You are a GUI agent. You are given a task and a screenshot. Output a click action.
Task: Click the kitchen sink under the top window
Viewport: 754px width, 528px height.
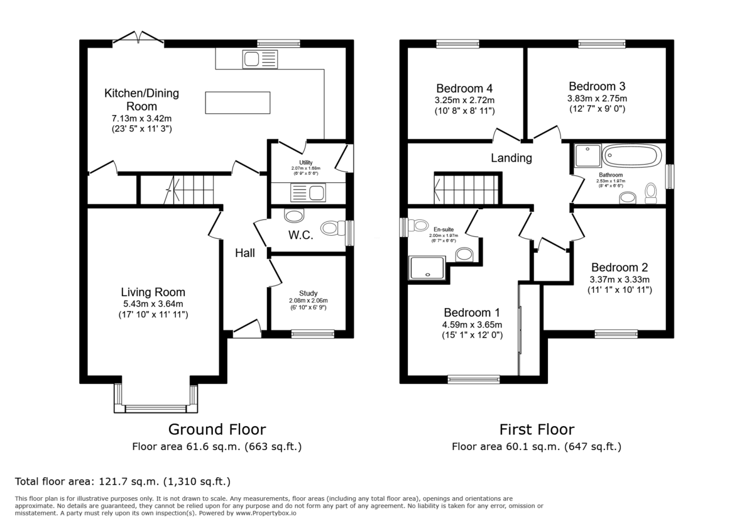pos(259,60)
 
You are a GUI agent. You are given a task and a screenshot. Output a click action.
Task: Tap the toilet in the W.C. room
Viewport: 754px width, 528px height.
pos(331,228)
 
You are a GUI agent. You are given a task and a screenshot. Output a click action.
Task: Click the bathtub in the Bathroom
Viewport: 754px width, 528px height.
pos(631,155)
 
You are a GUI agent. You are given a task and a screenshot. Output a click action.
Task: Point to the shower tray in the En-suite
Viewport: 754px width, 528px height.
pos(427,267)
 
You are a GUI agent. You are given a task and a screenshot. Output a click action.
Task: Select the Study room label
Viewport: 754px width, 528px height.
pos(308,293)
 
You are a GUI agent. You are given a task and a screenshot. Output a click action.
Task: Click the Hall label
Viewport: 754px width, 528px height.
pos(245,253)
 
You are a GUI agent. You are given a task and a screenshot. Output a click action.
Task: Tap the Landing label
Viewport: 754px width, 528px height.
pos(511,158)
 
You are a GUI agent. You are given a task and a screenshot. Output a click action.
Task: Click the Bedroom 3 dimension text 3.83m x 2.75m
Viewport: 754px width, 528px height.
pos(596,98)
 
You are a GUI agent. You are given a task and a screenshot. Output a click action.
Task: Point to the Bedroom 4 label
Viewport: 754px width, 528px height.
pos(464,88)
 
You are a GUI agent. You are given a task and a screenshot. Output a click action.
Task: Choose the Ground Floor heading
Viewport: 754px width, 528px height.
pos(217,430)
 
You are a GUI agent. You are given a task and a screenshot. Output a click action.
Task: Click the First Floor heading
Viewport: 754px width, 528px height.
pos(537,430)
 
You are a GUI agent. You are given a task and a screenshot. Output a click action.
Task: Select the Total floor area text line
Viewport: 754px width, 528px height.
pos(123,482)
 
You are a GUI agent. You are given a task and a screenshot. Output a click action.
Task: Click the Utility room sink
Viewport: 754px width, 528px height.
pos(307,191)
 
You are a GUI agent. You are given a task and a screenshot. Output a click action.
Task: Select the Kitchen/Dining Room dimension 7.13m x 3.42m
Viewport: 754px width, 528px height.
pos(141,118)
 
